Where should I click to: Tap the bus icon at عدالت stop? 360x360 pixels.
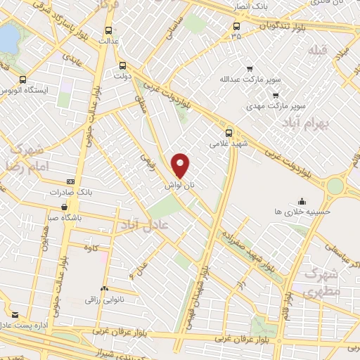[x=108, y=30]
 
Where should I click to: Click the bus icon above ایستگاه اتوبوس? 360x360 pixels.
[x=25, y=79]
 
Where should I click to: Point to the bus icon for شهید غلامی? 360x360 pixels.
[x=229, y=131]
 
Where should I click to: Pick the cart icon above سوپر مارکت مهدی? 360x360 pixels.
[x=276, y=95]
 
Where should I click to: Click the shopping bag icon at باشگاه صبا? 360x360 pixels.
[x=64, y=207]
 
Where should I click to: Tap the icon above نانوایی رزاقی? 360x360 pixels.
[x=104, y=288]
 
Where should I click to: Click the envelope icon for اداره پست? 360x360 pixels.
[x=15, y=314]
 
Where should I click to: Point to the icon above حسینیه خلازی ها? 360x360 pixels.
[x=302, y=200]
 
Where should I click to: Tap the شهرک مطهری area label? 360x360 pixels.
[x=321, y=283]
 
